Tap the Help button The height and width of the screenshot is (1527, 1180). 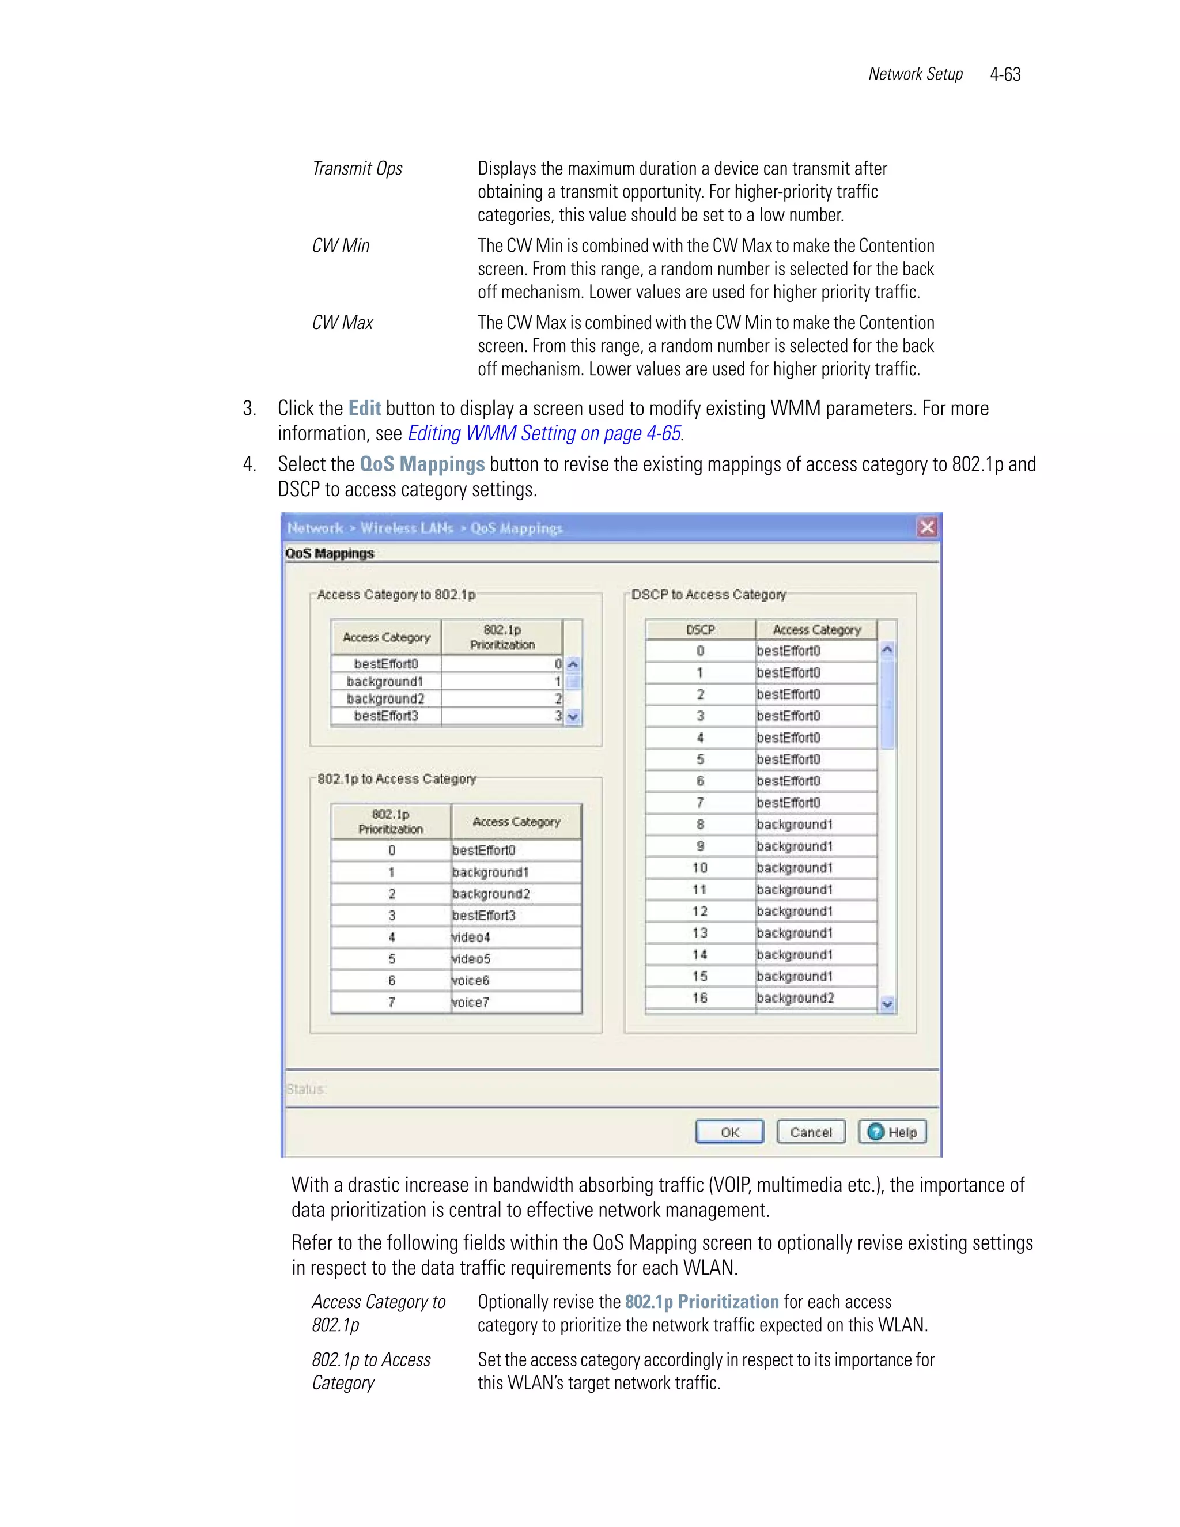point(892,1132)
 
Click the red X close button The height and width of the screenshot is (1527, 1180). point(927,527)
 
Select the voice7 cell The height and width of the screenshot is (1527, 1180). point(515,1002)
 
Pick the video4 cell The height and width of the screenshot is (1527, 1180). point(515,937)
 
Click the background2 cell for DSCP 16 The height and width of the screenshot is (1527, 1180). point(815,997)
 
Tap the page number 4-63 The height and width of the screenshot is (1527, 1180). point(1005,74)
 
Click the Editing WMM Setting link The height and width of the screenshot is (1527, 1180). point(544,433)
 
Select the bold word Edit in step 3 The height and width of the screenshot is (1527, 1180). point(364,409)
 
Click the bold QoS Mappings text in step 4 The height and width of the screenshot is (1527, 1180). point(422,464)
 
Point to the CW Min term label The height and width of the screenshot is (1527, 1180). point(341,245)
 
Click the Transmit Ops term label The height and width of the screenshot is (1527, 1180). point(357,168)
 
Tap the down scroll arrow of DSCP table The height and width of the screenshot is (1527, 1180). point(887,1005)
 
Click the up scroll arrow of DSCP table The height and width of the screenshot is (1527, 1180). point(887,649)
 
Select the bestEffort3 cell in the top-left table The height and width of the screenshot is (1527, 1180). point(386,716)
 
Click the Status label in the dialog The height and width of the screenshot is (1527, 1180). point(306,1088)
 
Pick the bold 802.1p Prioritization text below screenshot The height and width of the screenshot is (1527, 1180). point(701,1302)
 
